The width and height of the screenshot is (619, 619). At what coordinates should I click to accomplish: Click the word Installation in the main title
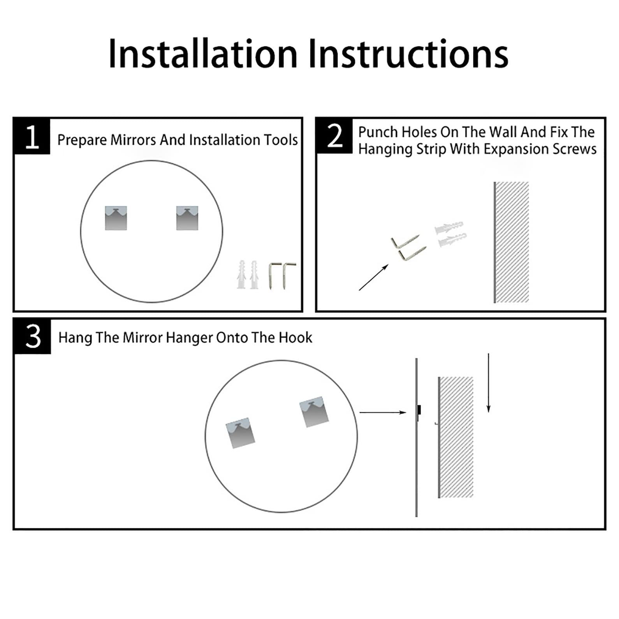pyautogui.click(x=203, y=54)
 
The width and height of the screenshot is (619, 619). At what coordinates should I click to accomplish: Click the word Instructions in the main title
pyautogui.click(x=408, y=54)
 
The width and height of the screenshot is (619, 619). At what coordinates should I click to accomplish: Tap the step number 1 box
pyautogui.click(x=32, y=136)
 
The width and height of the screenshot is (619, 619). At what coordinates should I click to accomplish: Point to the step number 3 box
pyautogui.click(x=33, y=336)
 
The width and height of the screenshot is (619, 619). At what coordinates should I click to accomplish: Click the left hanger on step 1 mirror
pyautogui.click(x=116, y=218)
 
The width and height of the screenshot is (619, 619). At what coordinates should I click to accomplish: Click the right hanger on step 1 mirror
pyautogui.click(x=187, y=218)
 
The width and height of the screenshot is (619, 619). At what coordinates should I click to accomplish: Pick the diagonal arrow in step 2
pyautogui.click(x=373, y=277)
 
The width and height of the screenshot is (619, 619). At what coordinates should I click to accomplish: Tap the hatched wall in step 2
pyautogui.click(x=511, y=242)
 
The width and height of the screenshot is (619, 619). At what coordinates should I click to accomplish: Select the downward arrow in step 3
pyautogui.click(x=488, y=383)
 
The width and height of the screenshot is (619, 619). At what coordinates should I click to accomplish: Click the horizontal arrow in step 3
pyautogui.click(x=383, y=412)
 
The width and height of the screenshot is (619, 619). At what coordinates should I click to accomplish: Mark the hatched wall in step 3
pyautogui.click(x=455, y=437)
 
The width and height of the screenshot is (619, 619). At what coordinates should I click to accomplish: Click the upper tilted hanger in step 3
pyautogui.click(x=314, y=412)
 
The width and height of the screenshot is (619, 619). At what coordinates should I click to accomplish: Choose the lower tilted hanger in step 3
pyautogui.click(x=241, y=433)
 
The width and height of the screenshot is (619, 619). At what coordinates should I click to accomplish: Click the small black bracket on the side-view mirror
pyautogui.click(x=419, y=410)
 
